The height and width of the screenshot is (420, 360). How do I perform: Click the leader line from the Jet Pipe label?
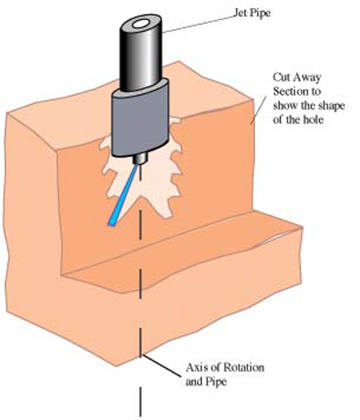click(200, 21)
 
